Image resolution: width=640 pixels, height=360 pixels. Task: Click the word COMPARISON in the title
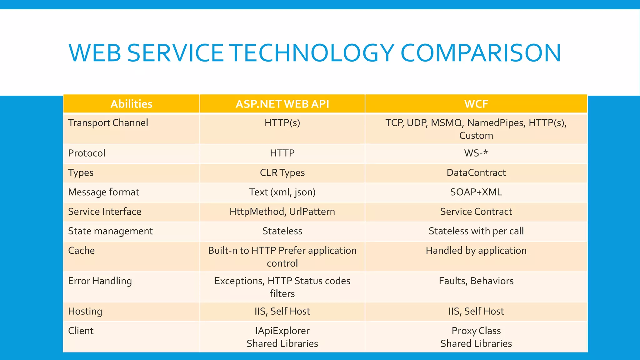point(481,53)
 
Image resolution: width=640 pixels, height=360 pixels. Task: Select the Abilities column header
point(131,104)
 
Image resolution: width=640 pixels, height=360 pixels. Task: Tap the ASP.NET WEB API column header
point(282,104)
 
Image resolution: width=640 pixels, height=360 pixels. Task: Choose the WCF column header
point(476,104)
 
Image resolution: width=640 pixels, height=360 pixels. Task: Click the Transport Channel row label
point(108,123)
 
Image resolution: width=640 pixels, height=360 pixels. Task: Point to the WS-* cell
point(476,153)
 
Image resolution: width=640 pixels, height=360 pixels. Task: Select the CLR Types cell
point(282,172)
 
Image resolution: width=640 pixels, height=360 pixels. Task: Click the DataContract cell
point(476,172)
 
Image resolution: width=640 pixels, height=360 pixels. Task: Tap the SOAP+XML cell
point(476,192)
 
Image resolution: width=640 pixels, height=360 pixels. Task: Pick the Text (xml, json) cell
point(282,192)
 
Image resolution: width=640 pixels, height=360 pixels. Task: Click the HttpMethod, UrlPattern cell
point(282,212)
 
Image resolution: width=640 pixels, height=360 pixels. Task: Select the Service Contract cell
point(476,212)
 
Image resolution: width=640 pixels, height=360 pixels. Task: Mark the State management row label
point(110,231)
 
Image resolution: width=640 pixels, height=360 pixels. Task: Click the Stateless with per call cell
point(476,231)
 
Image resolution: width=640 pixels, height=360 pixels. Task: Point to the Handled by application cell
point(476,250)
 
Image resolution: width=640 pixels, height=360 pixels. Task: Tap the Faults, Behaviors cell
point(476,281)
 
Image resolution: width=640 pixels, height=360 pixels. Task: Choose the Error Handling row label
point(100,281)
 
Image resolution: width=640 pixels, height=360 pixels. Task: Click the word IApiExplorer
point(282,331)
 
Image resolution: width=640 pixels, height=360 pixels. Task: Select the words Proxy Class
point(476,331)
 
